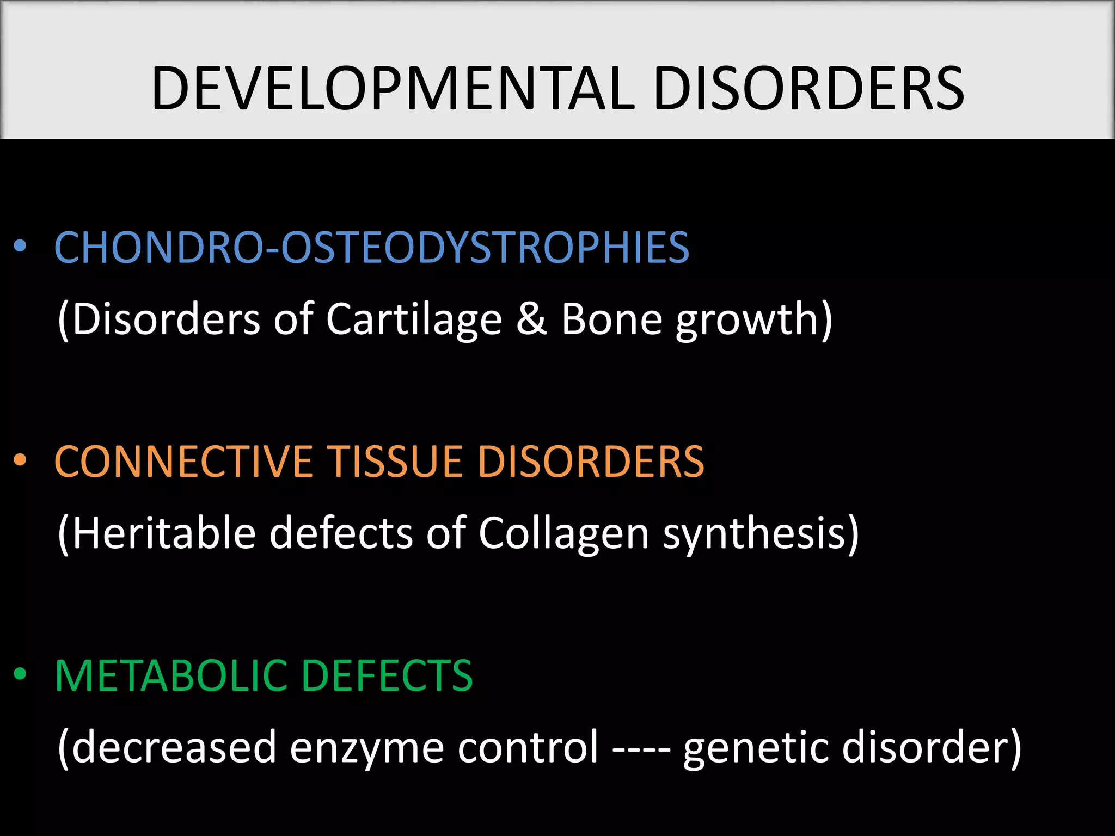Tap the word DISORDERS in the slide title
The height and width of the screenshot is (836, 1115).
click(808, 88)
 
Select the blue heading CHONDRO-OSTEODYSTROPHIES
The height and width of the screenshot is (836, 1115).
click(372, 248)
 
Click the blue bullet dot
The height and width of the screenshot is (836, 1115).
click(20, 246)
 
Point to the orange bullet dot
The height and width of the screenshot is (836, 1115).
click(20, 460)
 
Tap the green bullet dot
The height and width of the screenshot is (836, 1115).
click(20, 674)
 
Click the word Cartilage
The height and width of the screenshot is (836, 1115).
click(414, 319)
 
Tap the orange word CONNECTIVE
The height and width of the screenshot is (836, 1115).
click(183, 462)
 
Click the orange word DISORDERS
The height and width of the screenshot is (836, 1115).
click(591, 462)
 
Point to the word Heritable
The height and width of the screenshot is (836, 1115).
click(163, 533)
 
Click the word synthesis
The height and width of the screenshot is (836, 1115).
click(754, 534)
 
